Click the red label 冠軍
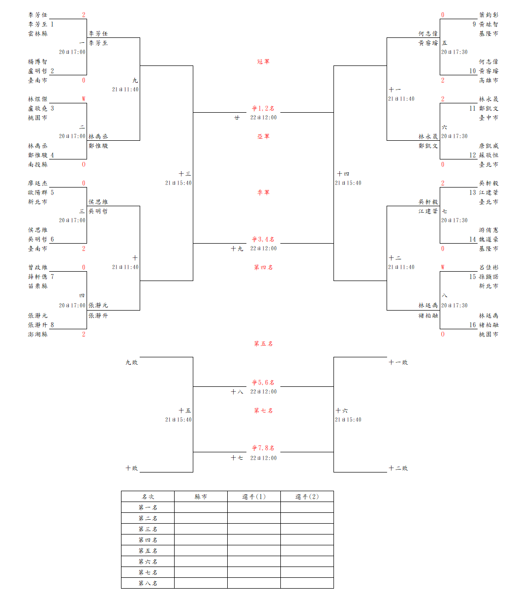click(263, 62)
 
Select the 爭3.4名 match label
click(263, 239)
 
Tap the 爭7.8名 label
click(263, 448)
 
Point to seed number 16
click(473, 325)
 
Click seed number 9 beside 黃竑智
click(474, 24)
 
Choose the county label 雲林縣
click(38, 33)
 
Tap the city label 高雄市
click(488, 80)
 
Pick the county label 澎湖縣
click(38, 334)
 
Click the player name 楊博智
click(38, 62)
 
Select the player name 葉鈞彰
click(488, 15)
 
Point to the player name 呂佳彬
click(488, 267)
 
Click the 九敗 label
click(131, 362)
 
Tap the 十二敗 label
click(398, 468)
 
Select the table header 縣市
click(201, 497)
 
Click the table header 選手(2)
click(307, 497)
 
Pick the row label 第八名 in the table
click(148, 583)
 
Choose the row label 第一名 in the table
click(148, 507)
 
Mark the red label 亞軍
click(263, 136)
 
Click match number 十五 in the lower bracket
click(185, 410)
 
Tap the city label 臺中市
click(488, 118)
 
